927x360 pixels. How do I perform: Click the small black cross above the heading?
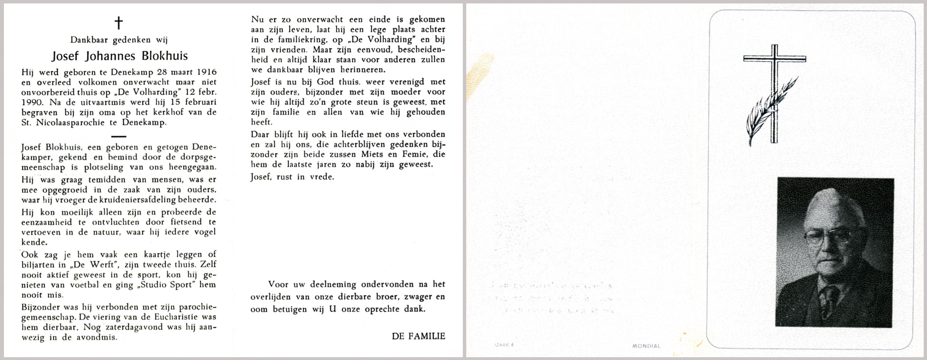pos(118,23)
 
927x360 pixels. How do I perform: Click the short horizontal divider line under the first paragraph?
pos(119,136)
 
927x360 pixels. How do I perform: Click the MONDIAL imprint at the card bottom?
pos(646,346)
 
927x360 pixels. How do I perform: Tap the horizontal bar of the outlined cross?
pos(775,59)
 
